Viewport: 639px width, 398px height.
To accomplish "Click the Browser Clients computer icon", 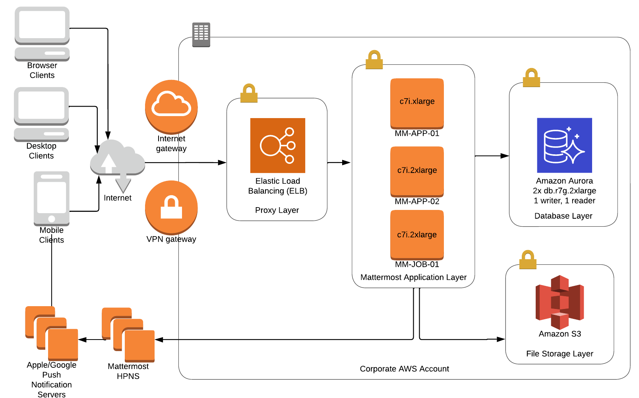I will tap(42, 34).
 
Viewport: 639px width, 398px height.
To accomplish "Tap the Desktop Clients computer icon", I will tap(41, 115).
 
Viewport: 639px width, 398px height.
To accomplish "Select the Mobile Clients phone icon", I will tap(52, 198).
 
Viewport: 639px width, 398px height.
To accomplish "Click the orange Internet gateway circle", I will tap(171, 107).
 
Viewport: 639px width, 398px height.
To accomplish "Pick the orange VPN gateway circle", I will tap(171, 207).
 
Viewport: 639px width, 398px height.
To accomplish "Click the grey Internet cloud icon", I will tap(117, 161).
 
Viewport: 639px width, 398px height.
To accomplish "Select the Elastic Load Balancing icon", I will tap(277, 146).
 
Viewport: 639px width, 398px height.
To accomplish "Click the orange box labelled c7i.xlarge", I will tap(417, 103).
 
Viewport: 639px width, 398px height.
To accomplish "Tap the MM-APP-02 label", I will tap(417, 202).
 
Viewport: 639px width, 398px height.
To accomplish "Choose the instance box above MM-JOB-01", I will tap(417, 235).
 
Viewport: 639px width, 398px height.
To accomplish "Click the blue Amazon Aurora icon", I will tap(564, 145).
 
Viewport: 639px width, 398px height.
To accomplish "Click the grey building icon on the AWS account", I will tap(201, 35).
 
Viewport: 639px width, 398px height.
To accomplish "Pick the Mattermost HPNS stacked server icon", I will tap(128, 335).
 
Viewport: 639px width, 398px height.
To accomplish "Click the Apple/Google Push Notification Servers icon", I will tap(52, 333).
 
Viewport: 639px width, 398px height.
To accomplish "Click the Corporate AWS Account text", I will tap(404, 369).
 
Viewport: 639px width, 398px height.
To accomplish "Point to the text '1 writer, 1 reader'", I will tap(564, 201).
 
